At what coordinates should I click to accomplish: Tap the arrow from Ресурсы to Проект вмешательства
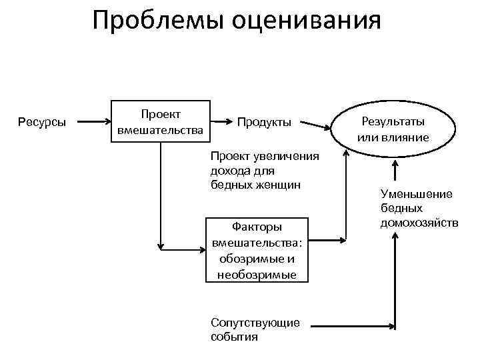(93, 122)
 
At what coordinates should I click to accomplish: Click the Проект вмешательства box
(160, 122)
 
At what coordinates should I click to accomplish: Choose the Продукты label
(264, 122)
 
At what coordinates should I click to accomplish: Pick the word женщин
(276, 183)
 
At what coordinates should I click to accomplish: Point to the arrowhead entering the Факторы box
(203, 249)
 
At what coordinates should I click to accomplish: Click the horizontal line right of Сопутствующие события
(350, 327)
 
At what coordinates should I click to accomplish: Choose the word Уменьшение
(416, 194)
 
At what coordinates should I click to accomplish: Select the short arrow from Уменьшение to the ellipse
(396, 170)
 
